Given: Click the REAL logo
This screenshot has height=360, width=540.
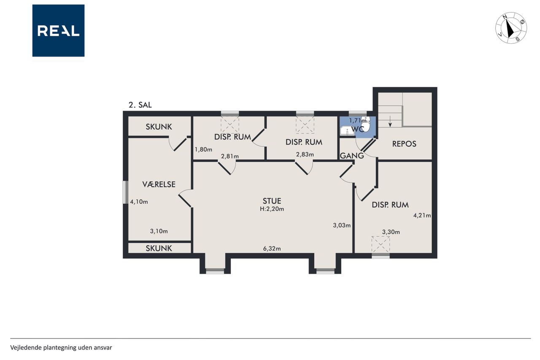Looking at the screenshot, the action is (58, 31).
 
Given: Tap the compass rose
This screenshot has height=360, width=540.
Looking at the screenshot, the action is (511, 28).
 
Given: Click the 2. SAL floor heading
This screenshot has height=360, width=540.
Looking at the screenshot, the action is (140, 105).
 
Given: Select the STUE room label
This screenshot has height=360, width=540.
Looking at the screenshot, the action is (272, 201).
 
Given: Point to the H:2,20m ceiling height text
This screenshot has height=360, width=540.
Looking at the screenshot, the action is (272, 209).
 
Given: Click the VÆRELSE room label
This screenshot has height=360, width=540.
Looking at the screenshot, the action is (159, 184).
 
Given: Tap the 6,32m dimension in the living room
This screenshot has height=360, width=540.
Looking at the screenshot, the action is (272, 248).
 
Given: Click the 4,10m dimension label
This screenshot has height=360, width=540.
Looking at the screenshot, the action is (139, 202).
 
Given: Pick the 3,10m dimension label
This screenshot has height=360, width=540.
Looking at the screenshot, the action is (159, 231).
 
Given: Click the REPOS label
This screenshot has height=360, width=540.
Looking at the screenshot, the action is (404, 144).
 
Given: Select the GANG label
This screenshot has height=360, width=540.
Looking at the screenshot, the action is (352, 156).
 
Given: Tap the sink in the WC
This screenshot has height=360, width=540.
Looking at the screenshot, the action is (347, 131).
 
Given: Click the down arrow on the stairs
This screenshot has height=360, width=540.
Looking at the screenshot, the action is (390, 121).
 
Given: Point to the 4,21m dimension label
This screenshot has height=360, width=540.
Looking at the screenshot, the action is (422, 215).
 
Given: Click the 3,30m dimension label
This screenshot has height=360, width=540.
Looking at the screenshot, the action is (391, 232).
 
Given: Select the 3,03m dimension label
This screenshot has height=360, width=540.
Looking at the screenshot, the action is (342, 225).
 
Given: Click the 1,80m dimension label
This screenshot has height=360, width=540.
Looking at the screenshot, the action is (203, 149).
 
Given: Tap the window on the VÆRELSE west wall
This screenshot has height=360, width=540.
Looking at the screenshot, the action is (125, 192).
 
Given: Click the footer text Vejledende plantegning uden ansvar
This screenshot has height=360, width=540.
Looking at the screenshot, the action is (61, 348).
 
